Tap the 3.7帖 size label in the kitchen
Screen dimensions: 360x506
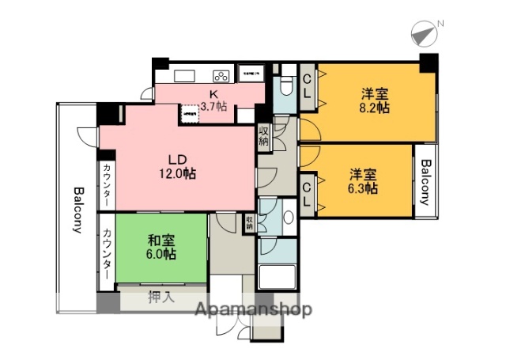[213, 106]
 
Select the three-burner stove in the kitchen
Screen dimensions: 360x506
[221, 76]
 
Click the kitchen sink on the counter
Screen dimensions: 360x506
[185, 76]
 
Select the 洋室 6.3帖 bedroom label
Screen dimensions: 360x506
[360, 180]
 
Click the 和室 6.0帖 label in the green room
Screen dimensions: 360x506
[160, 246]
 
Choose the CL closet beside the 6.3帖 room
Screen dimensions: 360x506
[308, 193]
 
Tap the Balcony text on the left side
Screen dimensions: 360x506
[78, 211]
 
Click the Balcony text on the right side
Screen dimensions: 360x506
[426, 182]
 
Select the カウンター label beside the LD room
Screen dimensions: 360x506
[107, 185]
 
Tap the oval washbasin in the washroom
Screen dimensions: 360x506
[289, 218]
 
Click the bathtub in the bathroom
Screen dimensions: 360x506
[277, 278]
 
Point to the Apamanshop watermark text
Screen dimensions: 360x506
[252, 309]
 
